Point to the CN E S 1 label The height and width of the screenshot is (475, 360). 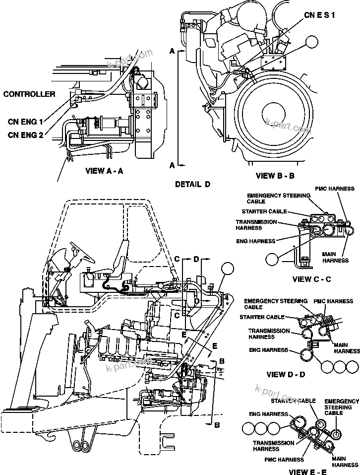pyautogui.click(x=319, y=16)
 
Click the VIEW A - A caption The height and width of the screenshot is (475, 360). pyautogui.click(x=104, y=170)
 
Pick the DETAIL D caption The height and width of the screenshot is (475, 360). pyautogui.click(x=192, y=184)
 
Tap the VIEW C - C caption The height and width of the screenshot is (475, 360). pyautogui.click(x=311, y=279)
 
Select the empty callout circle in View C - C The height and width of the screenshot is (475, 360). pyautogui.click(x=272, y=258)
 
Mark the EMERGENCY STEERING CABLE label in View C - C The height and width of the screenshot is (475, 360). pyautogui.click(x=278, y=199)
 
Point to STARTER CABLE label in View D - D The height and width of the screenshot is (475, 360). pyautogui.click(x=262, y=317)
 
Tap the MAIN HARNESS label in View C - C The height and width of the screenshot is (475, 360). pyautogui.click(x=336, y=257)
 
